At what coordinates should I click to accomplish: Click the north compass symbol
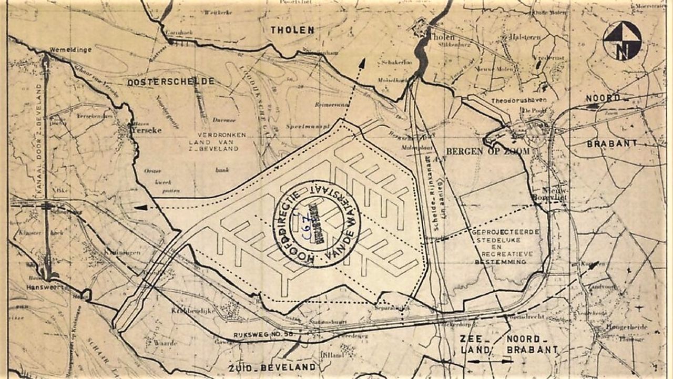[622, 40]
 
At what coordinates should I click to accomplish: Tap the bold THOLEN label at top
[292, 30]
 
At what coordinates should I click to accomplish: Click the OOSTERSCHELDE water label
[170, 81]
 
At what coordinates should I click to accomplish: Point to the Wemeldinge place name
[70, 49]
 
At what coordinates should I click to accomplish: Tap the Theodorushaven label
[516, 100]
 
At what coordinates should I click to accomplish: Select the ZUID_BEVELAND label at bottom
[272, 366]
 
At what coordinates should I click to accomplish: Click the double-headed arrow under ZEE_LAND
[490, 361]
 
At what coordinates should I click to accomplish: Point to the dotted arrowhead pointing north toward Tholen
[362, 63]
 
